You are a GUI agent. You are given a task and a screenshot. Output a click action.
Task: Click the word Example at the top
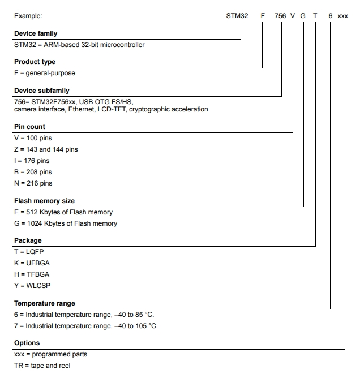(x=28, y=16)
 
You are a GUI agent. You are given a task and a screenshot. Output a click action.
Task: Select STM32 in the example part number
(x=237, y=16)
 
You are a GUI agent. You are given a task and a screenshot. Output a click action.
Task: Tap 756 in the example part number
(x=280, y=16)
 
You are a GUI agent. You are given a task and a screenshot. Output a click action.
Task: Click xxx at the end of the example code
(x=342, y=16)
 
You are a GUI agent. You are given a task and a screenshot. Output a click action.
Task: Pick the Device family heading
(x=36, y=34)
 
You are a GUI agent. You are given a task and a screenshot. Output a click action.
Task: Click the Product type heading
(x=35, y=62)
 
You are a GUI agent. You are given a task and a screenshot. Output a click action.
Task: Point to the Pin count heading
(x=29, y=127)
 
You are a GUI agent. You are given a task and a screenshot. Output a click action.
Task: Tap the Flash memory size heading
(x=44, y=201)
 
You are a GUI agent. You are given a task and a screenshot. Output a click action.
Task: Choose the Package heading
(x=28, y=240)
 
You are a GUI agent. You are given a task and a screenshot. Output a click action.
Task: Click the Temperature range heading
(x=45, y=303)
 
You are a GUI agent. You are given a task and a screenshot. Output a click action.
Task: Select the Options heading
(x=27, y=343)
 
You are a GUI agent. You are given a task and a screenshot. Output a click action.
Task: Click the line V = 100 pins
(x=33, y=138)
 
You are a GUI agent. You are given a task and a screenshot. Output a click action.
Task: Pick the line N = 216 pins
(x=33, y=183)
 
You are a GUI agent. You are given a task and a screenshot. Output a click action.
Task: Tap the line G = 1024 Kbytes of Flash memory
(x=66, y=223)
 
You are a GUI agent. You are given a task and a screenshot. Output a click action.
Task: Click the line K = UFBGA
(x=32, y=263)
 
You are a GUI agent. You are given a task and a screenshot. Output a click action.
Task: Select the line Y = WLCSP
(x=32, y=286)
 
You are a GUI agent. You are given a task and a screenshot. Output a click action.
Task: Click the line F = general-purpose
(x=45, y=73)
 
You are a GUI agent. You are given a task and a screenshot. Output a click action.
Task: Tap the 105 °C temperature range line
(x=86, y=326)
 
